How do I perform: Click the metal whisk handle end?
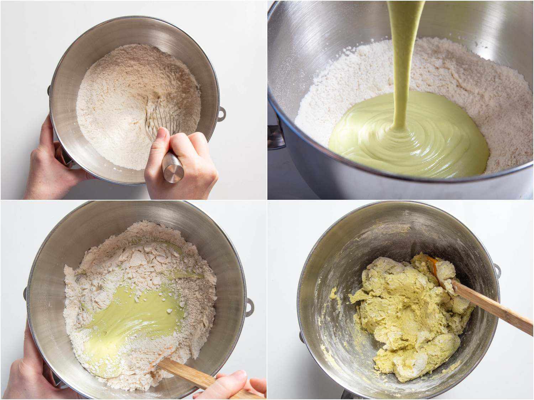173,170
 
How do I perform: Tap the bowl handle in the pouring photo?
276,137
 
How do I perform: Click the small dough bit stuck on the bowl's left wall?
333,293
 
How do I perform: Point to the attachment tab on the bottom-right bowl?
497,270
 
